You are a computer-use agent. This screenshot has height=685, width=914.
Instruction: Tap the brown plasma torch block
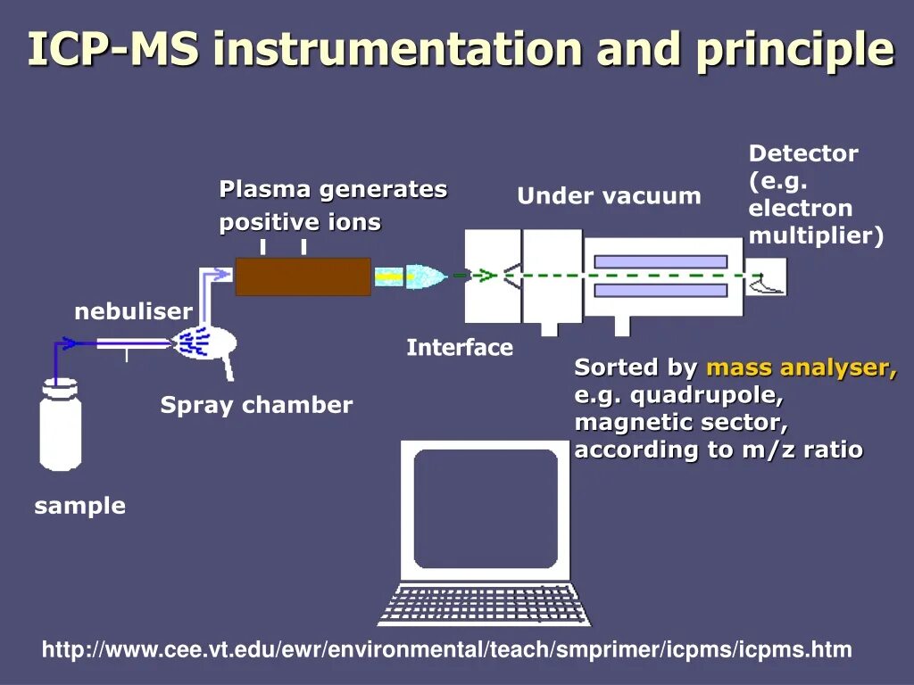303,276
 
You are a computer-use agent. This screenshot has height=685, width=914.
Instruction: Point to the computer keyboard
484,605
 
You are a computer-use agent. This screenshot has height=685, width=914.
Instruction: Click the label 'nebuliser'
133,311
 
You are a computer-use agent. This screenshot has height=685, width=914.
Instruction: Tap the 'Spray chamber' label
256,405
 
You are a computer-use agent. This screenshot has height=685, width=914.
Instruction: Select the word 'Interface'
460,348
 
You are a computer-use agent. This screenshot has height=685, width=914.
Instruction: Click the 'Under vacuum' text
609,196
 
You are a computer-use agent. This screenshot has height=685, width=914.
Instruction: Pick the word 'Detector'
803,153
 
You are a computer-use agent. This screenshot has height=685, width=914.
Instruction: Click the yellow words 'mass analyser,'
802,367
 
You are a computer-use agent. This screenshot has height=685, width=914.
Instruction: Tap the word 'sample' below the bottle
79,506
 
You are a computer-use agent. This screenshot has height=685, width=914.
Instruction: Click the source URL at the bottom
446,650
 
